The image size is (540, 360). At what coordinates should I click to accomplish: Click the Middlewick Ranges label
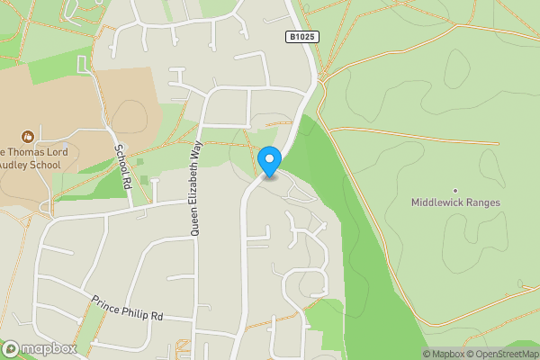pyautogui.click(x=455, y=202)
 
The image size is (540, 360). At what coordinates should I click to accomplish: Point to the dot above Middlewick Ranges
pyautogui.click(x=455, y=190)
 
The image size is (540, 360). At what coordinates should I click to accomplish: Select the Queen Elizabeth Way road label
pyautogui.click(x=194, y=188)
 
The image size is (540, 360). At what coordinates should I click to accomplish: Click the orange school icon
pyautogui.click(x=27, y=137)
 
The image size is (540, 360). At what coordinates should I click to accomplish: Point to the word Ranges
pyautogui.click(x=481, y=202)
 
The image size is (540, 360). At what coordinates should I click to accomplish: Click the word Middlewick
pyautogui.click(x=438, y=202)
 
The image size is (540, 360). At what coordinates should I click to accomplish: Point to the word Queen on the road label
pyautogui.click(x=194, y=222)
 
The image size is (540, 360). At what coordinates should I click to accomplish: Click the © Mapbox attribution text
pyautogui.click(x=444, y=354)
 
